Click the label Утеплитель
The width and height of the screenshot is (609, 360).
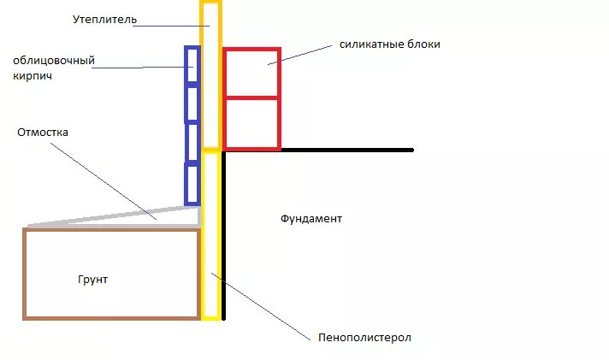click(x=104, y=19)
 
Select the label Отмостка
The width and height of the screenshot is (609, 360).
click(x=42, y=133)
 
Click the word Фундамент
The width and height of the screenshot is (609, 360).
click(x=310, y=219)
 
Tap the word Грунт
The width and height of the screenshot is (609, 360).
click(x=92, y=280)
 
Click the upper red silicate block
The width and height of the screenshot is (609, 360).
click(x=251, y=74)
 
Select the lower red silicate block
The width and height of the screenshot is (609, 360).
click(x=251, y=124)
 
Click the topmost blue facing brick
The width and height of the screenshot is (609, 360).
click(x=192, y=65)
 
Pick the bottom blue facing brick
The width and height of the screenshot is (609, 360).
click(x=192, y=183)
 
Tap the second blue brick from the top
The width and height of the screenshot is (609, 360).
click(x=192, y=103)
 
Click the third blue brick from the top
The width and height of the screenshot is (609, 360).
click(x=192, y=142)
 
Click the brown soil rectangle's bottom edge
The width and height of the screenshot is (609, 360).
click(x=111, y=318)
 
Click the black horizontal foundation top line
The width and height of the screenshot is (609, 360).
click(x=342, y=150)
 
